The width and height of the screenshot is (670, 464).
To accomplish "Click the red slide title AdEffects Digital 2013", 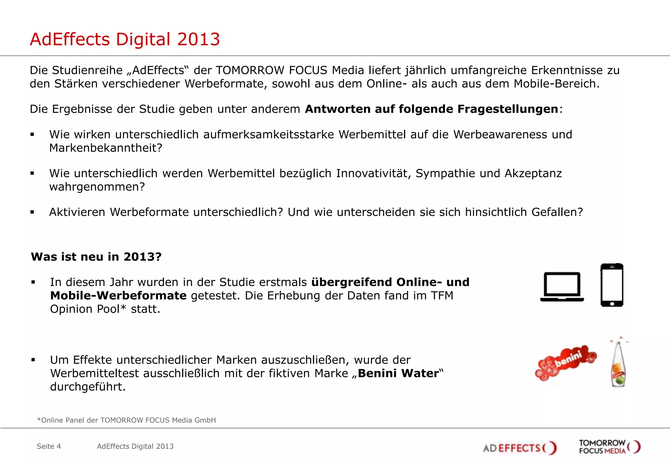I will click(125, 39).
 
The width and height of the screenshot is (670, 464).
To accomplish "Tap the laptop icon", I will click(562, 287).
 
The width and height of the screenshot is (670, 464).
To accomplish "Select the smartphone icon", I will click(612, 285).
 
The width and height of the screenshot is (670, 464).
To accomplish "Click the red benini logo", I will click(566, 362).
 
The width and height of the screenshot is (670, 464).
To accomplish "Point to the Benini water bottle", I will click(618, 364).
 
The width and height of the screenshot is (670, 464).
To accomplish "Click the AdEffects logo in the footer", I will click(520, 448).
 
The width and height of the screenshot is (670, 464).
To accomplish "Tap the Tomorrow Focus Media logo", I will click(609, 447).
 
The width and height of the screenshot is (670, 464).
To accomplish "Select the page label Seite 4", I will click(49, 446).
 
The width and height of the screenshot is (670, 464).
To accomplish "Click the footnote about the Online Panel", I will click(126, 420).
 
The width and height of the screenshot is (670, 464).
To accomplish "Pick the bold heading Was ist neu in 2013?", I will click(96, 257).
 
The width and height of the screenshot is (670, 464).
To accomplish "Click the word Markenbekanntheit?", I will click(106, 148).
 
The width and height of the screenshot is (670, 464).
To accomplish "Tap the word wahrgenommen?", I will click(97, 187).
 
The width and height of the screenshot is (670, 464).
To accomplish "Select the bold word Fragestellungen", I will click(507, 109).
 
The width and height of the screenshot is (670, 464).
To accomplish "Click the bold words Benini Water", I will click(398, 373).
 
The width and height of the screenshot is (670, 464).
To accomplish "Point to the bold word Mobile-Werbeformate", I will click(118, 295).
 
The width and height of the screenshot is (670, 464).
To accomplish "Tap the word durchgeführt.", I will click(88, 387).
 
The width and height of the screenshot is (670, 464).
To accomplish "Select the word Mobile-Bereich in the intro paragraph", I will click(556, 84).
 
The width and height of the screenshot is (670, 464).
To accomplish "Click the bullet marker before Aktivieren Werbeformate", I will click(32, 212).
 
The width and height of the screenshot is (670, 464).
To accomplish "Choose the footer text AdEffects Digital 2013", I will click(135, 446).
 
